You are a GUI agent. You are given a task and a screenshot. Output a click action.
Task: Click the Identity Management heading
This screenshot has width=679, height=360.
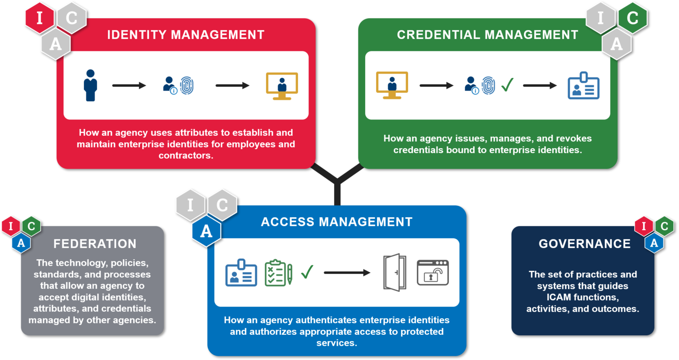pyautogui.click(x=186, y=35)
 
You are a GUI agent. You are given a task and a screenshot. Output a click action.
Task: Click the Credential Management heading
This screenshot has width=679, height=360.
pyautogui.click(x=487, y=35)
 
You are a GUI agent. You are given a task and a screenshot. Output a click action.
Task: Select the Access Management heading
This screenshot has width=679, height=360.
pyautogui.click(x=336, y=222)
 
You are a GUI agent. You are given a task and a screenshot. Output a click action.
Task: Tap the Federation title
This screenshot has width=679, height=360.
pyautogui.click(x=95, y=244)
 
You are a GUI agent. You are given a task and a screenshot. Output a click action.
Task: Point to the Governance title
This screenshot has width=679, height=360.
pyautogui.click(x=584, y=244)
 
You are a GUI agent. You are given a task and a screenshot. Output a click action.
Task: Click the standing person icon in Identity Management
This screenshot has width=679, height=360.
pyautogui.click(x=91, y=85)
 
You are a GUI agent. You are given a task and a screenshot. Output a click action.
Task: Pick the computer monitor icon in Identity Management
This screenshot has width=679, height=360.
pyautogui.click(x=282, y=86)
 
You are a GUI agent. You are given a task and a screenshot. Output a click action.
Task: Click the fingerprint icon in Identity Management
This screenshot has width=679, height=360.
pyautogui.click(x=187, y=85)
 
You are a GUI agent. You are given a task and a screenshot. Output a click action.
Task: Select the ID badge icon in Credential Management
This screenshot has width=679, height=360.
pyautogui.click(x=584, y=86)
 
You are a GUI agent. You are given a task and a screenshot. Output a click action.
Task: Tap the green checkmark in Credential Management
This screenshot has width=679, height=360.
pyautogui.click(x=507, y=84)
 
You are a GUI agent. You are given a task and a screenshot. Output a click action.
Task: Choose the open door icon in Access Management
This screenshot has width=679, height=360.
pyautogui.click(x=395, y=272)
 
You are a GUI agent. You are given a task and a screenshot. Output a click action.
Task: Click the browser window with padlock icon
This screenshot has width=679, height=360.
pyautogui.click(x=433, y=273)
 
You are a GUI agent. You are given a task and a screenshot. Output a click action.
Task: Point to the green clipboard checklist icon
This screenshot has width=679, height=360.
pyautogui.click(x=278, y=273)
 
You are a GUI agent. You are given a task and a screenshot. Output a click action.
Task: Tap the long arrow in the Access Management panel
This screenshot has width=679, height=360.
pyautogui.click(x=347, y=273)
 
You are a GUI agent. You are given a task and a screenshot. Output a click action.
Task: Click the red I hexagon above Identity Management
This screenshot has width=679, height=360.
pyautogui.click(x=39, y=18)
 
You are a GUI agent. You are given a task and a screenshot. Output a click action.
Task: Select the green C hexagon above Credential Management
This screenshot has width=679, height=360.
pyautogui.click(x=632, y=18)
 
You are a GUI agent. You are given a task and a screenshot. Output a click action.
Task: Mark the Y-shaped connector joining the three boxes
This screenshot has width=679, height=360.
pyautogui.click(x=337, y=181)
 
